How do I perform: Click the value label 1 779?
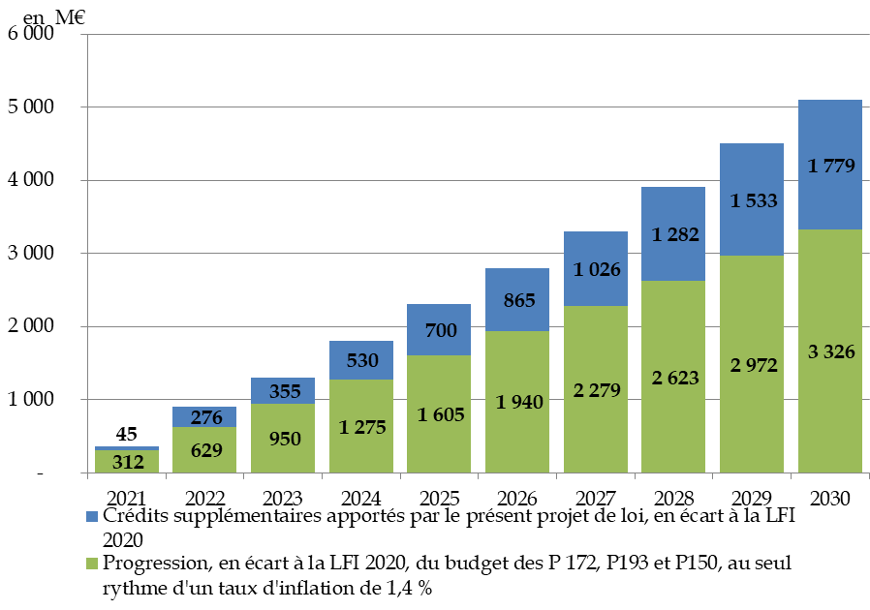pos(830,167)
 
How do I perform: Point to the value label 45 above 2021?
pos(127,434)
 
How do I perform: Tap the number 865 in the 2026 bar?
pos(516,301)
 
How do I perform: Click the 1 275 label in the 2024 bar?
pos(360,427)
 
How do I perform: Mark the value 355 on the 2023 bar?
pos(282,391)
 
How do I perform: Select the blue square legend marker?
pos(92,517)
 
